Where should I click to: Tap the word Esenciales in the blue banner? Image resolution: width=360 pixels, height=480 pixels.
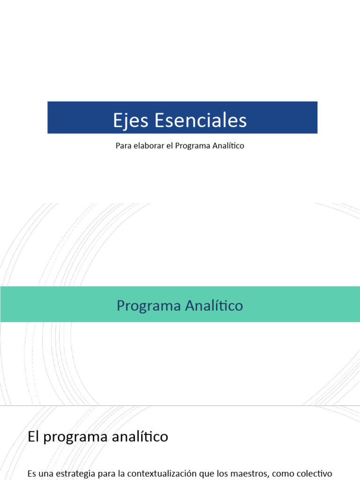coord(200,120)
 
